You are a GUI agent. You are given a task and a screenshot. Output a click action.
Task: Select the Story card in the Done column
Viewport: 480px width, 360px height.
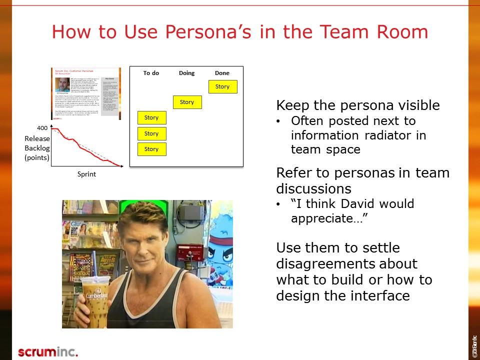[222, 86]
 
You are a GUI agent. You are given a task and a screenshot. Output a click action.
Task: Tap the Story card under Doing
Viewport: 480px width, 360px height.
[187, 102]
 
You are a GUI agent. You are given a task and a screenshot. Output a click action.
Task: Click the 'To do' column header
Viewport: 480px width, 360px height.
[151, 73]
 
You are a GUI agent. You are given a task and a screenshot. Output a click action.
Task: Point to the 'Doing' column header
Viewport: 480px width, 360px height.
[186, 73]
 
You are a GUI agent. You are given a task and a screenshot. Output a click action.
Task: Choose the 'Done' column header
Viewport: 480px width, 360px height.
[222, 73]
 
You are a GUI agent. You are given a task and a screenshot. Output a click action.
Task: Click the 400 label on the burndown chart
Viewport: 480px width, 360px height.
[42, 128]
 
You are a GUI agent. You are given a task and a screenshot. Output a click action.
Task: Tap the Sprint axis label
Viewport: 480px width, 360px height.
[86, 174]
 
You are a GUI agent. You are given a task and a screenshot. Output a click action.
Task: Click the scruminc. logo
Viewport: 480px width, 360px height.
[48, 351]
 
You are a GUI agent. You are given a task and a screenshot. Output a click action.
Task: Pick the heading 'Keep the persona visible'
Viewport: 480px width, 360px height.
[358, 105]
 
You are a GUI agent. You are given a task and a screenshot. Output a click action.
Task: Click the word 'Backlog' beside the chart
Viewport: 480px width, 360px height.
[37, 148]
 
